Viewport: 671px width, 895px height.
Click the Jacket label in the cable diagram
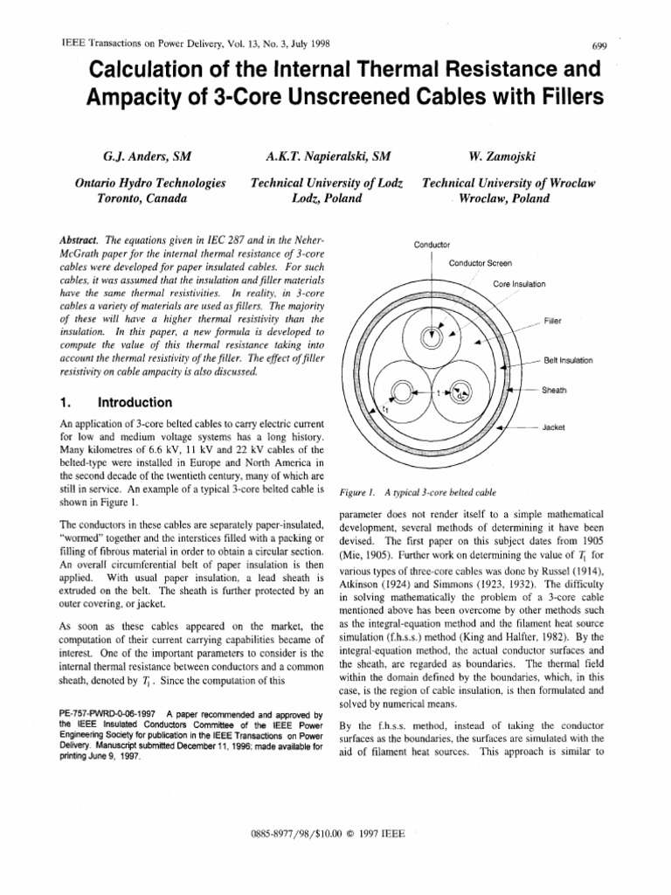click(557, 427)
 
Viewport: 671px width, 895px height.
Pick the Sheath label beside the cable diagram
click(555, 390)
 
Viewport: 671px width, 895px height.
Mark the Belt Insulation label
click(569, 360)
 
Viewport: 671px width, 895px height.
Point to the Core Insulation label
click(519, 284)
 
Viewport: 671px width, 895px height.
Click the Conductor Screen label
click(480, 263)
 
